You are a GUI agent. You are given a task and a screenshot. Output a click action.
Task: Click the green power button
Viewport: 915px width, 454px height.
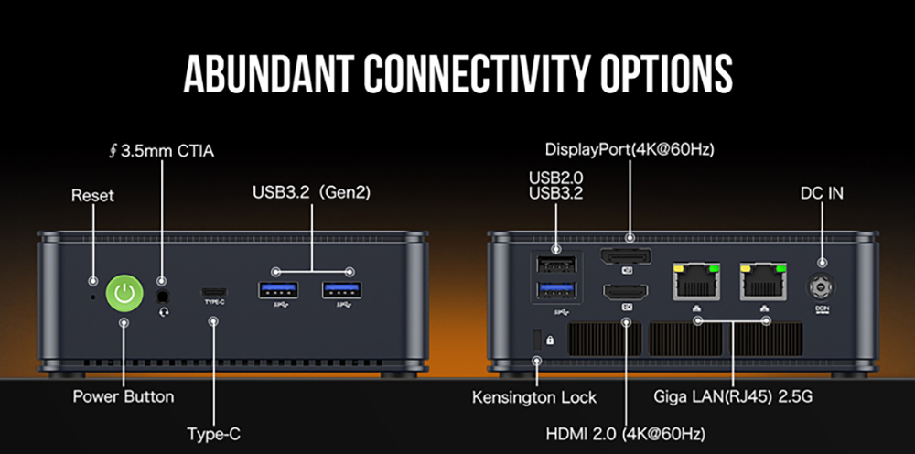124,293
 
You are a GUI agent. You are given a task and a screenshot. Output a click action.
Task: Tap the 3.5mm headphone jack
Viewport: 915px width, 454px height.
164,296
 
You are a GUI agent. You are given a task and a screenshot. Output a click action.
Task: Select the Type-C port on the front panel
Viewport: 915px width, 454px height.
213,291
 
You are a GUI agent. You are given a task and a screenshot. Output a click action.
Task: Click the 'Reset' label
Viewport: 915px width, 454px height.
93,196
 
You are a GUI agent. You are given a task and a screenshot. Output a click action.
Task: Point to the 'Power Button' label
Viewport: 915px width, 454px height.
124,397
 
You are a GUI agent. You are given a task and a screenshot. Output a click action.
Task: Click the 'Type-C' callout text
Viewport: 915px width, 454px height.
213,434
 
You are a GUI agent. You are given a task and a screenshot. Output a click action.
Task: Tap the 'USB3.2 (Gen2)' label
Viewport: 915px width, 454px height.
311,192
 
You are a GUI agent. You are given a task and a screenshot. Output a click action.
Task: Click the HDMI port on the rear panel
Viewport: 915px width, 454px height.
626,294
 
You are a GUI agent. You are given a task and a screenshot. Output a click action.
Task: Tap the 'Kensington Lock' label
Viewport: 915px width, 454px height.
534,397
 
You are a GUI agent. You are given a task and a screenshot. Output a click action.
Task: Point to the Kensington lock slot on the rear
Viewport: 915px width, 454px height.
537,338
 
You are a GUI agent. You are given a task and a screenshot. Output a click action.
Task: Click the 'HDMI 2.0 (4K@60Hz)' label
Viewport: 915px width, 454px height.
627,433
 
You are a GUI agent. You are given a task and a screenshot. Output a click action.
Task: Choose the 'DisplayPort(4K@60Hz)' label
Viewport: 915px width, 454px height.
630,149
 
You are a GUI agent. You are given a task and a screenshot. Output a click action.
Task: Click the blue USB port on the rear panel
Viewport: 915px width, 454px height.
556,293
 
